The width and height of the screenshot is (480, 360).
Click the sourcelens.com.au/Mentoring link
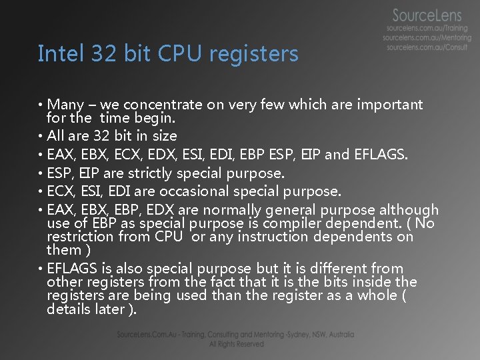427,39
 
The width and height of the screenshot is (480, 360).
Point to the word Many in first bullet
65,105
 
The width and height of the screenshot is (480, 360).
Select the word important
390,105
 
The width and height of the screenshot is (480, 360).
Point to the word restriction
81,237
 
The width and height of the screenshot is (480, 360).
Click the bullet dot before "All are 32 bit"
41,137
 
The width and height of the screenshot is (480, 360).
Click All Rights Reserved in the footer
236,344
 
